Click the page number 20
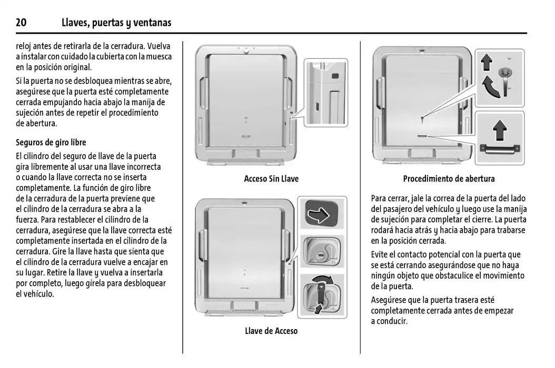pos(21,23)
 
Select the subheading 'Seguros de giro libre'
pos(51,142)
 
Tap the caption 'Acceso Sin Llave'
pos(271,179)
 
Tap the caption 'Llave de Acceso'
pos(271,331)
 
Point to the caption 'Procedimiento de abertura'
pos(449,179)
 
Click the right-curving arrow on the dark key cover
pos(322,214)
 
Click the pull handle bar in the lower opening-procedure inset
pos(499,149)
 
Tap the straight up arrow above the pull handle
pos(499,128)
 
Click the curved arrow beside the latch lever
pos(491,87)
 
